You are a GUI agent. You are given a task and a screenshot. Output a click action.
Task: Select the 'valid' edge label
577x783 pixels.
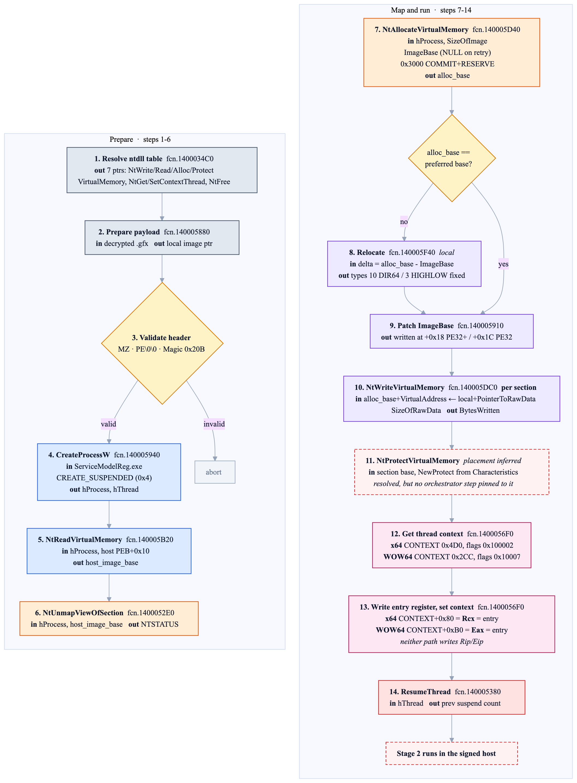108,424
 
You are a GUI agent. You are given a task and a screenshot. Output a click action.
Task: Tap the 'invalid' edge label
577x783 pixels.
214,424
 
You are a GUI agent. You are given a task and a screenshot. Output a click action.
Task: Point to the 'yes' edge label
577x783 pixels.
503,264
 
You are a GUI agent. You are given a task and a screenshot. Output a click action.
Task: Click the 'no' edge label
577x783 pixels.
404,222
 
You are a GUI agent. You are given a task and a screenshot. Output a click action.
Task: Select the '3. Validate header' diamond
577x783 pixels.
162,343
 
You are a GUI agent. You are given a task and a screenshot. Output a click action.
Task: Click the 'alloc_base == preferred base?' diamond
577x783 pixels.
452,158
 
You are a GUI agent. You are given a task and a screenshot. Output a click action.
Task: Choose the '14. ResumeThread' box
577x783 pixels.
452,697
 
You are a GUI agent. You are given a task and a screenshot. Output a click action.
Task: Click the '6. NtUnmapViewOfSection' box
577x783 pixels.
109,618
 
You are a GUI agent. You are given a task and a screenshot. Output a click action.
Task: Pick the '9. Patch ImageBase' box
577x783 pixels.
452,331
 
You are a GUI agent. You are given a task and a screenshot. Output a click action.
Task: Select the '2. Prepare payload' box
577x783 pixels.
162,237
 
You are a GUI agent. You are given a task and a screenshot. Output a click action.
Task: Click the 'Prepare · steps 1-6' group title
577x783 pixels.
140,140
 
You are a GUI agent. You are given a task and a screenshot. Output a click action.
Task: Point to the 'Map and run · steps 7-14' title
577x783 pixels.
431,10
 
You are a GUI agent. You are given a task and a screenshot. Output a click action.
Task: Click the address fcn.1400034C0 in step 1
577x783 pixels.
190,159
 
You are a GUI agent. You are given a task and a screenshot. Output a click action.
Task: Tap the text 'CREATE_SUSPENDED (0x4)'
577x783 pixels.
104,478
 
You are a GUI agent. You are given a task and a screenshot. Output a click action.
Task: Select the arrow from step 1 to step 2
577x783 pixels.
162,207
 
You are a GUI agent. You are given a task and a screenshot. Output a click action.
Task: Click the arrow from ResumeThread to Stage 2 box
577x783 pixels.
452,728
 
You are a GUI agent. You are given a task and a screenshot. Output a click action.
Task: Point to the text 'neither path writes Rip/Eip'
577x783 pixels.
441,641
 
